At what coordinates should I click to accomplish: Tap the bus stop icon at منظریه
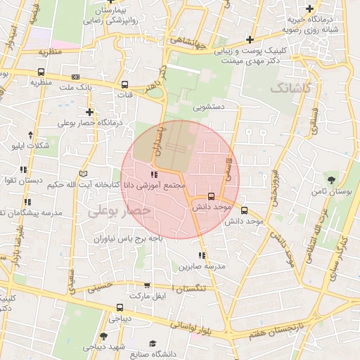coord(41,72)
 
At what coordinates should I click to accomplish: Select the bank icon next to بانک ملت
coord(75,77)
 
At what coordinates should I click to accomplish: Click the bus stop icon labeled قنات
coord(124,84)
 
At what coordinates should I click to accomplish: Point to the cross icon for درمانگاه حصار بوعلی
coord(89,112)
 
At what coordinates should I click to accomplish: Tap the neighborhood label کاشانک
coord(288,87)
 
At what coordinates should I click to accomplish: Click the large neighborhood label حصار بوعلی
coord(120,210)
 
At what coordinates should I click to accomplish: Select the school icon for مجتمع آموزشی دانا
coord(153,175)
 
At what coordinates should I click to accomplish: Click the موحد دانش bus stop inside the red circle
coord(212,197)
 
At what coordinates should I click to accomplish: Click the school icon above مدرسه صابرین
coord(202,255)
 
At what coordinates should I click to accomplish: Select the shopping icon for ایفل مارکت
coord(146,285)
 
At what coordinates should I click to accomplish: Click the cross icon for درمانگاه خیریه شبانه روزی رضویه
coord(328,8)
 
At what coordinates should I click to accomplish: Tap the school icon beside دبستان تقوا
coord(25,169)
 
